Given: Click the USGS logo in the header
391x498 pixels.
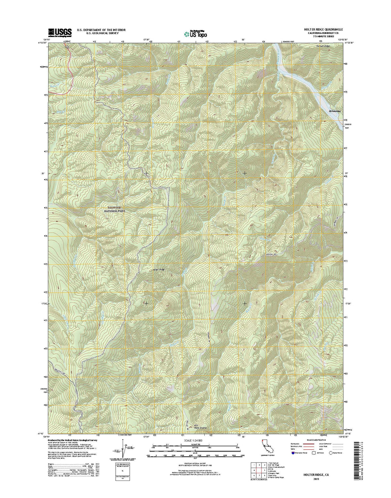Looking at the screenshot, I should pyautogui.click(x=60, y=32).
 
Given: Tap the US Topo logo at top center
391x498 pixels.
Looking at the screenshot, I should pyautogui.click(x=195, y=34).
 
